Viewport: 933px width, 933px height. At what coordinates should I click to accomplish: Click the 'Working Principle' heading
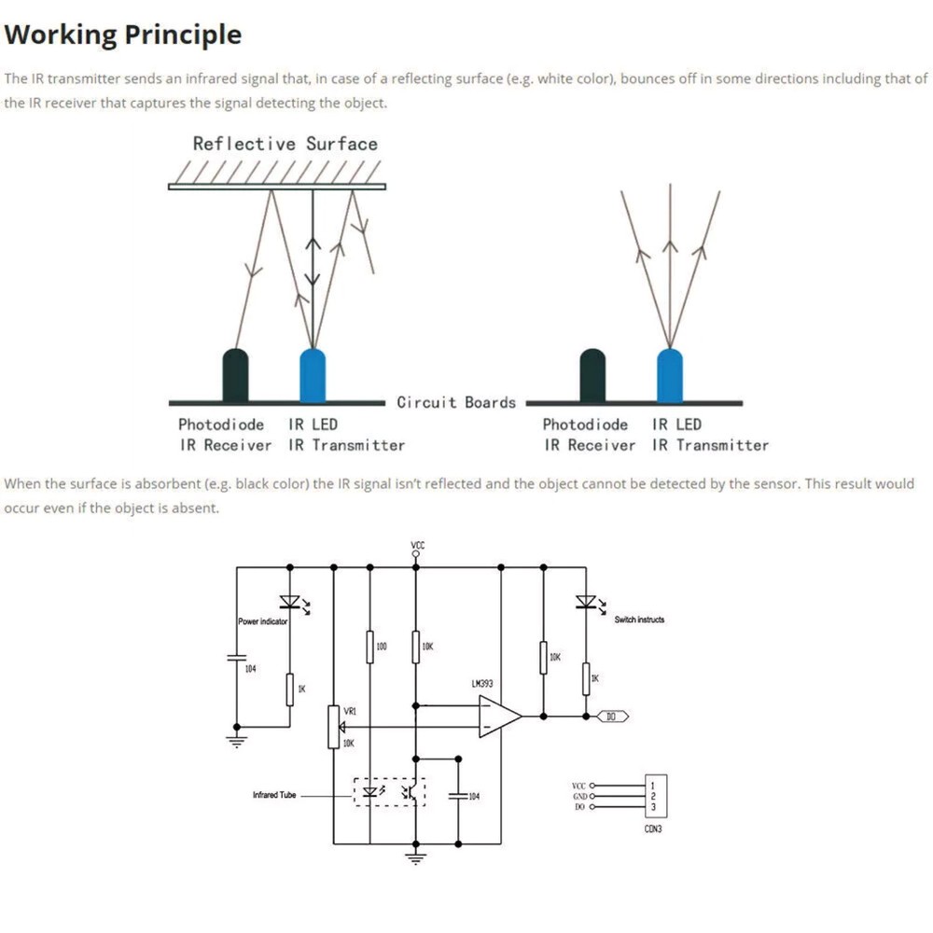pos(123,35)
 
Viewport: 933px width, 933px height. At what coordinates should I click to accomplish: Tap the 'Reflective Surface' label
pos(285,144)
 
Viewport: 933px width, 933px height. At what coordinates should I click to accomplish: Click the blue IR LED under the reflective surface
pos(313,375)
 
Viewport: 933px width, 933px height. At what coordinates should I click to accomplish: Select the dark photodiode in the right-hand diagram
pos(592,375)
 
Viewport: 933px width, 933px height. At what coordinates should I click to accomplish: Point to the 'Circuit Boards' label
pos(455,402)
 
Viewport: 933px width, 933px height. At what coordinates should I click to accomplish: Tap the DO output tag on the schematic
pos(611,717)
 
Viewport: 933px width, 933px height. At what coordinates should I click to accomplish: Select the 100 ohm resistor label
pos(382,646)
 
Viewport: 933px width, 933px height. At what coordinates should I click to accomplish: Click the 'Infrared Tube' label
pos(274,795)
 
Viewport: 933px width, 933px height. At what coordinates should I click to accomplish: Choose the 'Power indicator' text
pos(262,621)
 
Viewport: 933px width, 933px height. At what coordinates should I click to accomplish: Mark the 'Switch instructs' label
pos(639,620)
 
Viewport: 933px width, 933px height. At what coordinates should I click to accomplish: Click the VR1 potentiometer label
pos(350,711)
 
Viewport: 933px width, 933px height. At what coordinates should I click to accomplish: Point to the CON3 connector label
pos(653,829)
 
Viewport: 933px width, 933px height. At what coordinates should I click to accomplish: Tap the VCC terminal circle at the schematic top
pos(416,554)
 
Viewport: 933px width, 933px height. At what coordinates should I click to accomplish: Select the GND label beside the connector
pos(579,796)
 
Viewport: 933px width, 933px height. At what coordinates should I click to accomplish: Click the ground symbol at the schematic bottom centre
pos(416,856)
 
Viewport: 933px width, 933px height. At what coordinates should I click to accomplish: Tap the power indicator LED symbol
pos(290,602)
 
